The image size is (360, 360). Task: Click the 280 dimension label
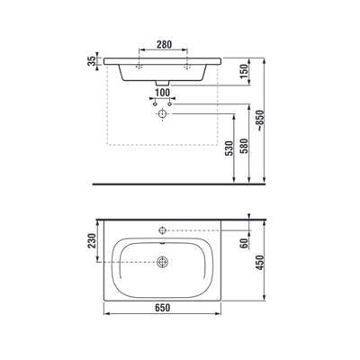(165, 44)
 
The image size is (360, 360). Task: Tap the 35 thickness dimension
(93, 60)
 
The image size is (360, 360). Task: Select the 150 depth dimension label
(245, 71)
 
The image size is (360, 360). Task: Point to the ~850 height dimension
(260, 120)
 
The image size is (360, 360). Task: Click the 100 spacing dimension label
(162, 93)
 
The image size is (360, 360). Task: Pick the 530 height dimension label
(229, 148)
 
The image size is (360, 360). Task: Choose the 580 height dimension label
(245, 146)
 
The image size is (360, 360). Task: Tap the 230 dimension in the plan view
(92, 241)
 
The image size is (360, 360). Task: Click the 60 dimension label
(244, 242)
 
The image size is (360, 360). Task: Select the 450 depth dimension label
(260, 263)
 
